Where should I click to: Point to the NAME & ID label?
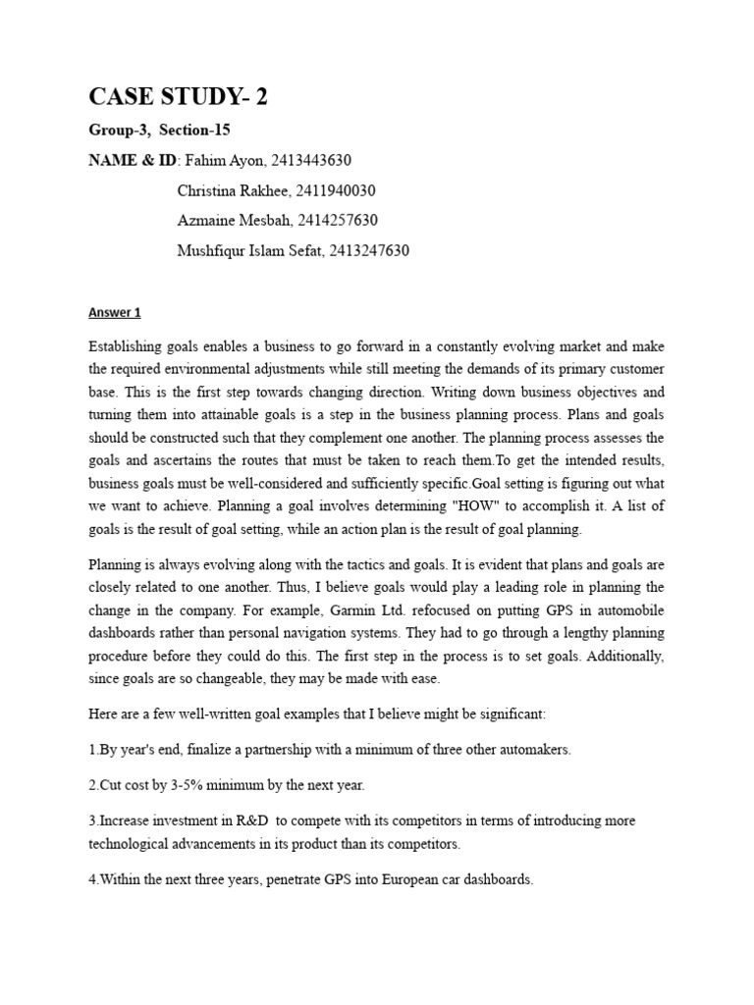[x=128, y=160]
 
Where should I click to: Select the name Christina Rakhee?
[x=233, y=190]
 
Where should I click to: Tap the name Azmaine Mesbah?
[x=233, y=220]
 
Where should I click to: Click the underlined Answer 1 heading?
[x=115, y=313]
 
